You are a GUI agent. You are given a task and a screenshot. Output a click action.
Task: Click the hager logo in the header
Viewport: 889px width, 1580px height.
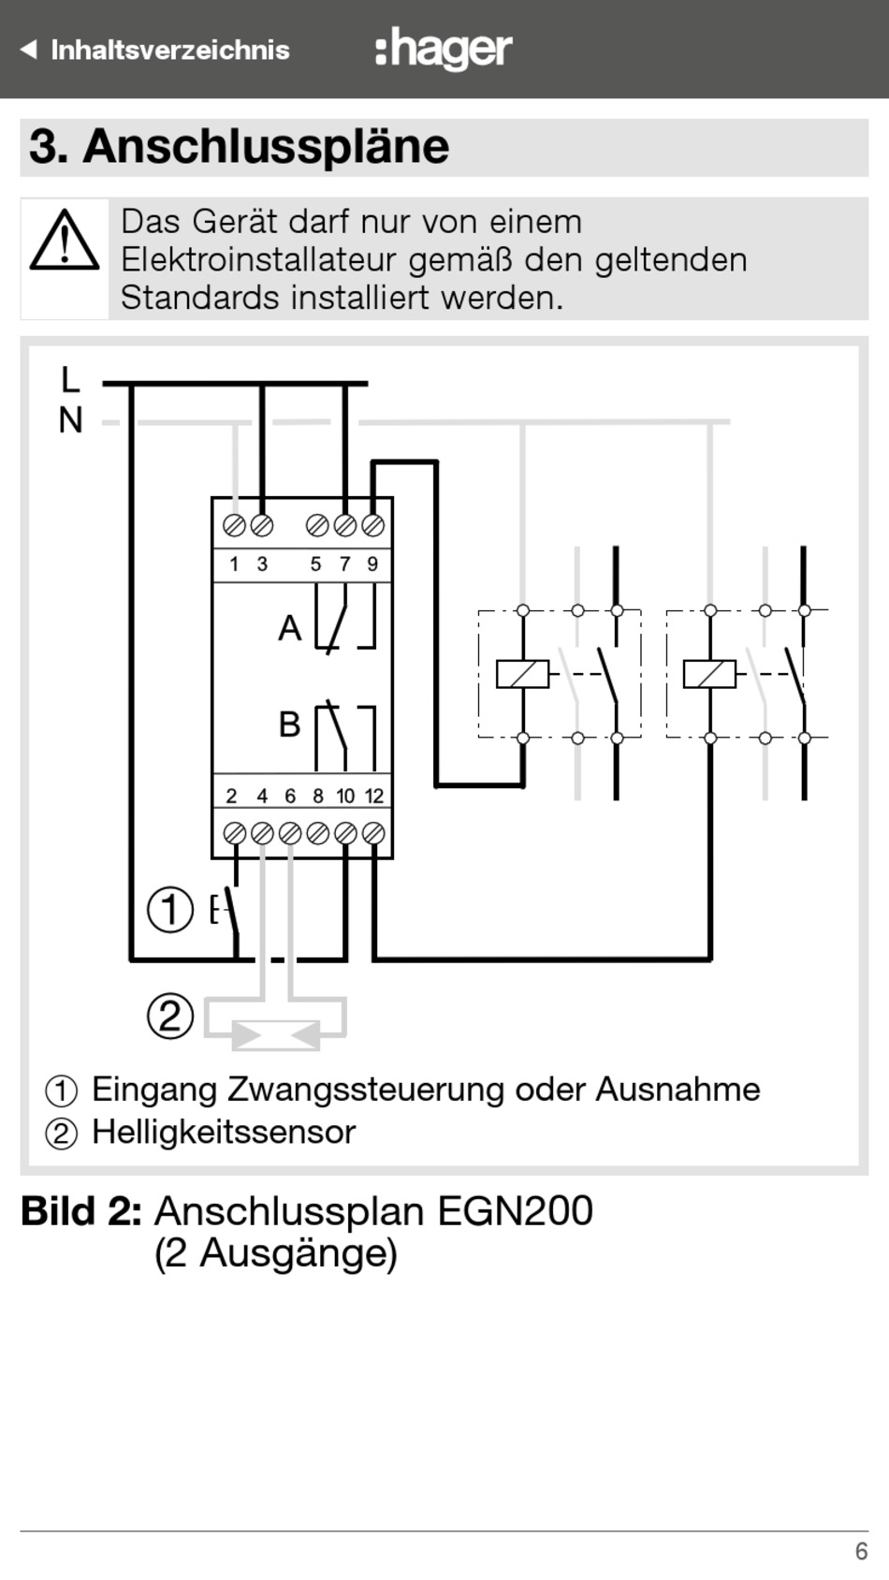[444, 49]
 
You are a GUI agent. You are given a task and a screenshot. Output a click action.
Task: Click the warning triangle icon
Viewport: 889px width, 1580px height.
[65, 241]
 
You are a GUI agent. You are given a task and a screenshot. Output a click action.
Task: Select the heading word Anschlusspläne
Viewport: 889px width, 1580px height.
[266, 146]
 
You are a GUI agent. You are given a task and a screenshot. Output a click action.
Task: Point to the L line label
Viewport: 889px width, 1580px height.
[70, 380]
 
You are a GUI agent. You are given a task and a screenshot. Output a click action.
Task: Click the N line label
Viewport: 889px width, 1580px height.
[70, 421]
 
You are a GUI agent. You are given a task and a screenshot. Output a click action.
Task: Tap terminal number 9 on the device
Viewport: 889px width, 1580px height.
[372, 563]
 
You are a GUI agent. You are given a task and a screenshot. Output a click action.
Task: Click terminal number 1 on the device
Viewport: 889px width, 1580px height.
[234, 563]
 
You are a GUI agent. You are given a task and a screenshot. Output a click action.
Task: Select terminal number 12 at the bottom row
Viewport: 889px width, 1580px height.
[374, 796]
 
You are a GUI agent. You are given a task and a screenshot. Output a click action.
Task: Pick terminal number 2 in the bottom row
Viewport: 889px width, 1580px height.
[232, 796]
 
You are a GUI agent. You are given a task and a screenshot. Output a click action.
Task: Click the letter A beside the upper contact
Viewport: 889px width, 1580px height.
[289, 628]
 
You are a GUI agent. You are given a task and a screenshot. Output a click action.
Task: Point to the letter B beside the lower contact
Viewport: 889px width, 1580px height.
[289, 724]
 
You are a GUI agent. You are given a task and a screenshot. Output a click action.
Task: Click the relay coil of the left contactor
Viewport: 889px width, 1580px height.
[522, 674]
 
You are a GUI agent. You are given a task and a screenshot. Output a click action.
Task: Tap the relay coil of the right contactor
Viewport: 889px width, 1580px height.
[709, 674]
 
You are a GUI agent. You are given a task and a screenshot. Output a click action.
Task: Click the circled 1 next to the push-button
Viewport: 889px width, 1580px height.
[170, 909]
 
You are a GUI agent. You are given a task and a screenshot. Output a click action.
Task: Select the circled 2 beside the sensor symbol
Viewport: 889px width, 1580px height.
[170, 1016]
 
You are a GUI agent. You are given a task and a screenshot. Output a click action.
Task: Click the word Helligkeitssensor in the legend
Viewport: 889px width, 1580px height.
[224, 1132]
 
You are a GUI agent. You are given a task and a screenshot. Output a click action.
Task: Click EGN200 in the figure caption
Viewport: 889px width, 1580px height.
[515, 1211]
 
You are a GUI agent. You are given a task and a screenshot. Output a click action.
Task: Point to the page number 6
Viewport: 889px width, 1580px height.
[861, 1551]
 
